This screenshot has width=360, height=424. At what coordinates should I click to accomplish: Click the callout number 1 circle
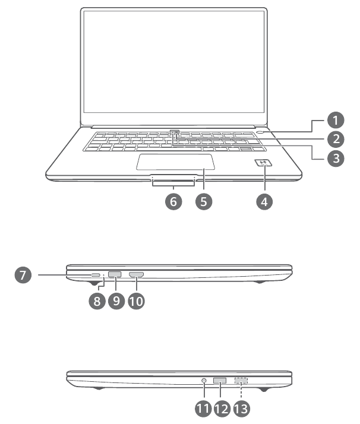336,121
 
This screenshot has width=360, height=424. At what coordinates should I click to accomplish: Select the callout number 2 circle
336,140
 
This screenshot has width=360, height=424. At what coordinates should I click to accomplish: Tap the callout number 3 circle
336,159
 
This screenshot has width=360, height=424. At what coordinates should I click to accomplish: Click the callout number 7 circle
23,275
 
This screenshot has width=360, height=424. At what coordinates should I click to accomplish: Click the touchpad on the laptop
175,161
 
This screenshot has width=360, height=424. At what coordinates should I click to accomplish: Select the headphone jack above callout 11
205,380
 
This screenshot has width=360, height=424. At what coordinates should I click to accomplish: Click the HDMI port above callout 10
137,274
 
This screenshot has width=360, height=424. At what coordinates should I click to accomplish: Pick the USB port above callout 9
115,274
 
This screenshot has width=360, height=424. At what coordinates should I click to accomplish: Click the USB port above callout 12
220,380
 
